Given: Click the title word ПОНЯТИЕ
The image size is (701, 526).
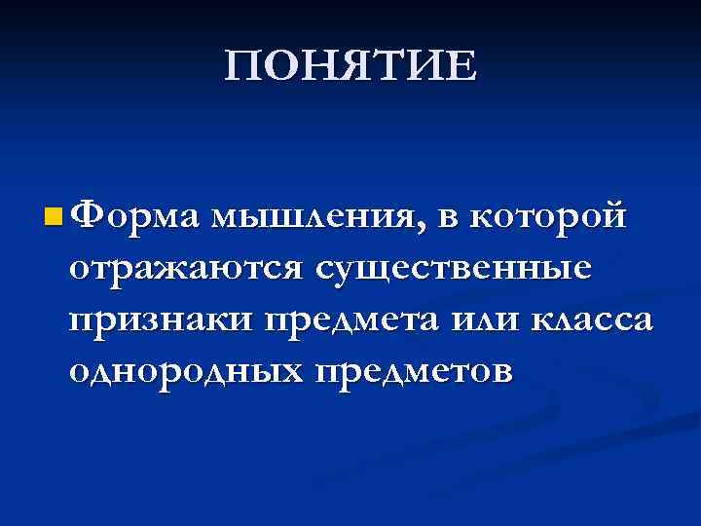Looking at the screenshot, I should (350, 66).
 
